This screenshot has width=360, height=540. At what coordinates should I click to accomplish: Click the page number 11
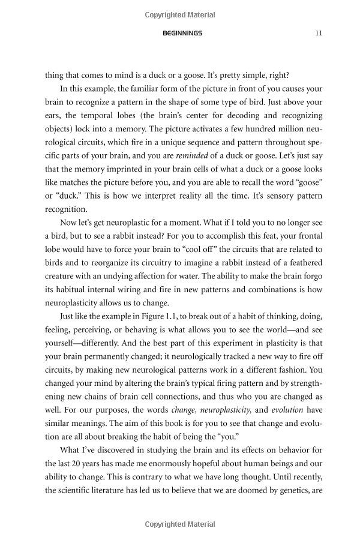319,33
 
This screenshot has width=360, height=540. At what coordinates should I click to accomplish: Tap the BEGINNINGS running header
182,33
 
